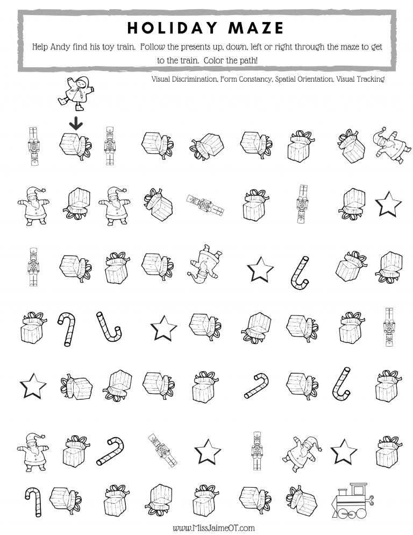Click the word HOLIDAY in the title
click(x=170, y=27)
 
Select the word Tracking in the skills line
click(x=371, y=79)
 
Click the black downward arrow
click(x=76, y=124)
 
